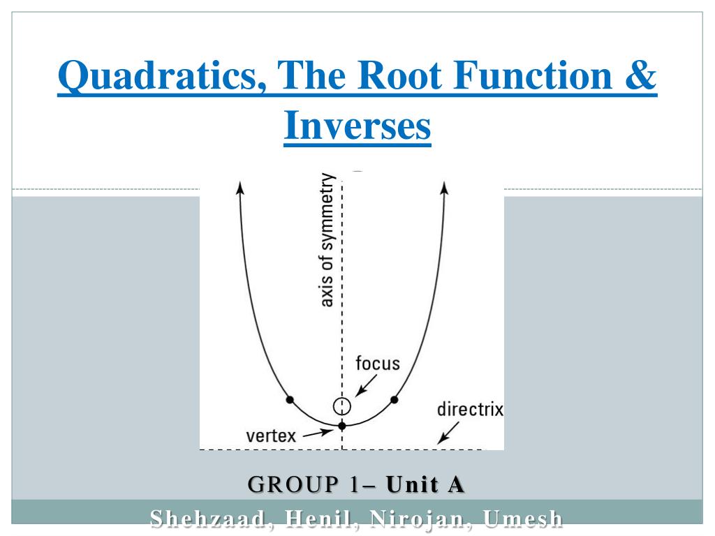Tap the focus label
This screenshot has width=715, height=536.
pos(377,364)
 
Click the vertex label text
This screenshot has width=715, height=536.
pos(271,437)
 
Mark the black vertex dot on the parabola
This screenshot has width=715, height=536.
pos(342,425)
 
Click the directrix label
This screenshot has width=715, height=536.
pos(469,409)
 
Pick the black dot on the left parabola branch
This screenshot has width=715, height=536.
pos(290,400)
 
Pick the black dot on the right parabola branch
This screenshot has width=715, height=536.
pos(395,400)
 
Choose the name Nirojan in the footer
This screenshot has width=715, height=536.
pos(406,519)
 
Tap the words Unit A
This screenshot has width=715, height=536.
pos(425,484)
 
